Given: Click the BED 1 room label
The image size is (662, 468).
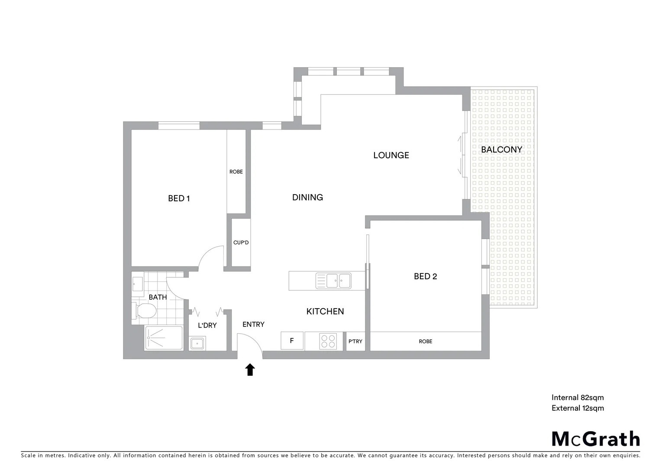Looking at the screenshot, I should pyautogui.click(x=179, y=198).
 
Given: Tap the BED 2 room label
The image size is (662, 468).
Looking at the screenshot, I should pyautogui.click(x=425, y=276).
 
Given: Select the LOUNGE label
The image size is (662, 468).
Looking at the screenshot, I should pyautogui.click(x=391, y=155).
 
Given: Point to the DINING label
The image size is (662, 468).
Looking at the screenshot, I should pyautogui.click(x=307, y=198).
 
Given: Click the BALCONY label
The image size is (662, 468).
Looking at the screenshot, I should pyautogui.click(x=501, y=149).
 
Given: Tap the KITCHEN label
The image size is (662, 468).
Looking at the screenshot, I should pyautogui.click(x=325, y=311).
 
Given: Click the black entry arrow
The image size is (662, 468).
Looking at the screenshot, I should pyautogui.click(x=250, y=370).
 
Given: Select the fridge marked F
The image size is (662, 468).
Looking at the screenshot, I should pyautogui.click(x=291, y=341).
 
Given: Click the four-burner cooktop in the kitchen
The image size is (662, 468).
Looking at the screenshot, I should pyautogui.click(x=328, y=341).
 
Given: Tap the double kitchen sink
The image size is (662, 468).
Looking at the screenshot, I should pyautogui.click(x=333, y=281).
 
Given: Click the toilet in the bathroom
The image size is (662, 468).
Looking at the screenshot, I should pyautogui.click(x=145, y=311).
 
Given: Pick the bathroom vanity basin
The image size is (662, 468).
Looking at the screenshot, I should pyautogui.click(x=138, y=284).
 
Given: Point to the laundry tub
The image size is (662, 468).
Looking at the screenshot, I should pyautogui.click(x=197, y=344).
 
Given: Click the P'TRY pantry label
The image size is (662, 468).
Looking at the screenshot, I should pyautogui.click(x=355, y=341).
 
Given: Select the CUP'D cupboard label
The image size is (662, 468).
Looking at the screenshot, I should pyautogui.click(x=241, y=243).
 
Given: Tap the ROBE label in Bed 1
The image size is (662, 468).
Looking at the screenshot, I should pyautogui.click(x=236, y=172).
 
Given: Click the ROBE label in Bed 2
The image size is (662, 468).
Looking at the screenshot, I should pyautogui.click(x=425, y=341).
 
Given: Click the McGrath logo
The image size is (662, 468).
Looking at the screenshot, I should pyautogui.click(x=595, y=439).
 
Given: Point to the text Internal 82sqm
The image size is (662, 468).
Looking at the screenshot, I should pyautogui.click(x=577, y=397).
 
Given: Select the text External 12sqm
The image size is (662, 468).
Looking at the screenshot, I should pyautogui.click(x=577, y=408).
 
